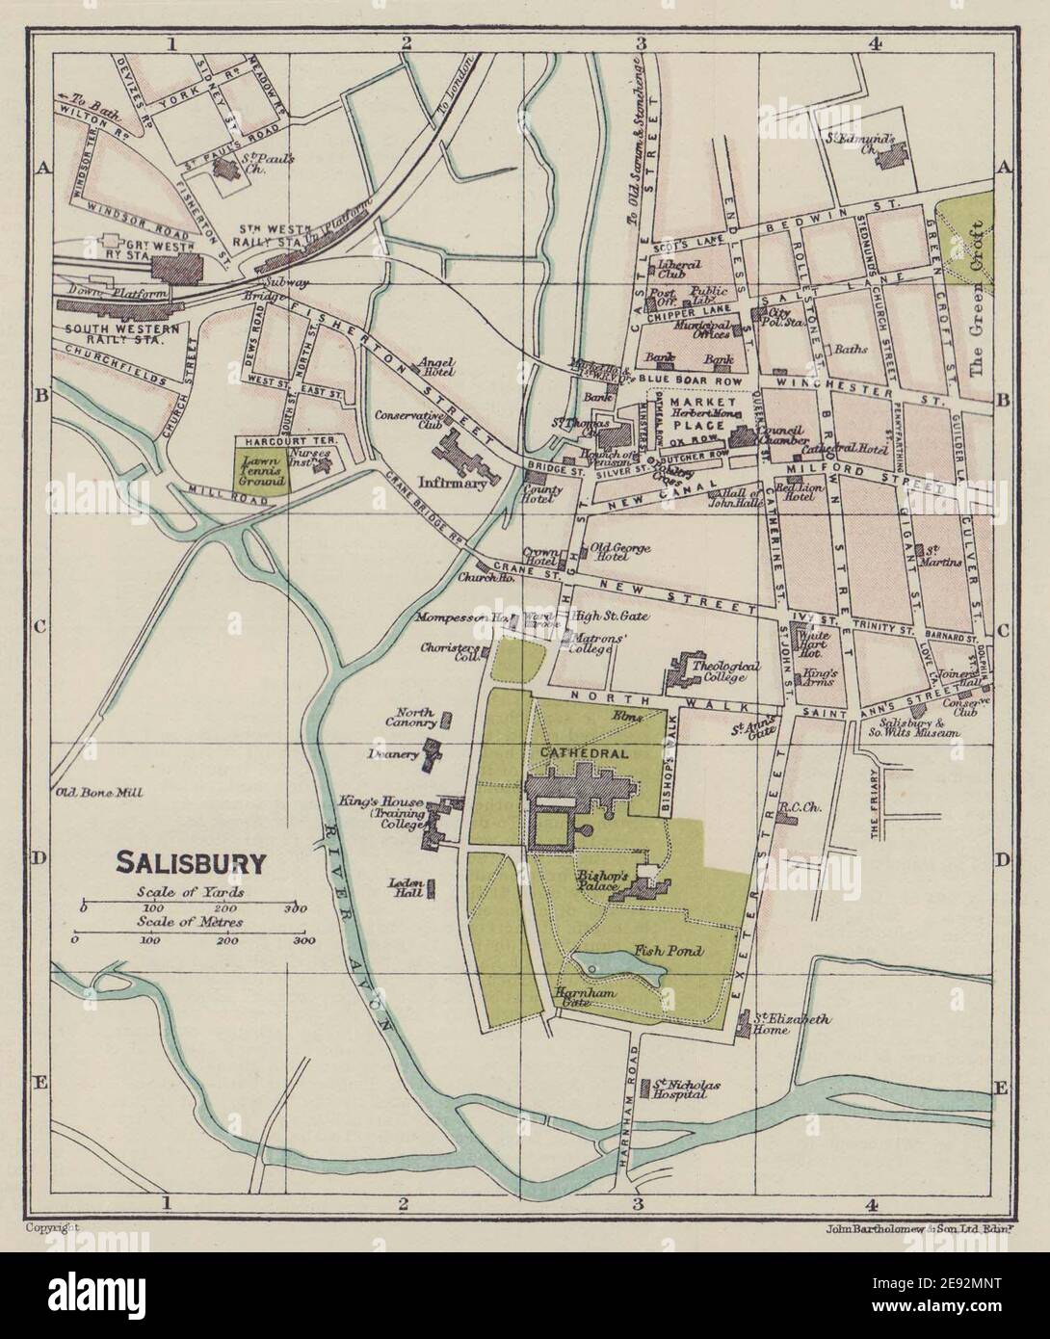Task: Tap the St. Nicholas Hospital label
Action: [687, 1090]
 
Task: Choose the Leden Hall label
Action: [406, 886]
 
